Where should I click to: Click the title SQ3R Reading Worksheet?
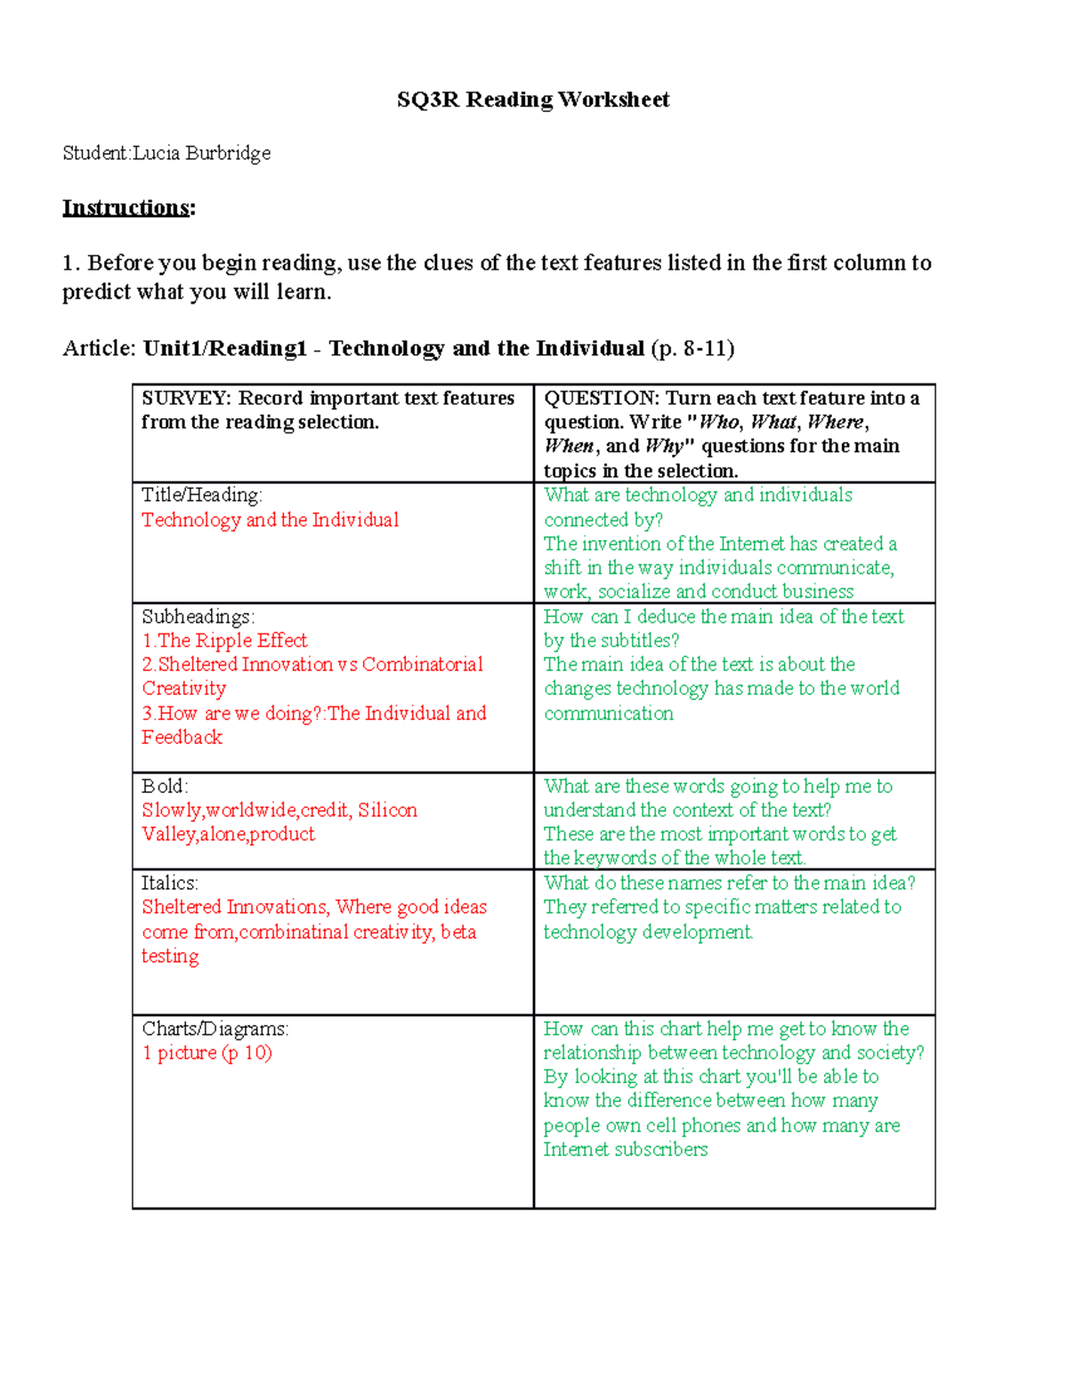[x=532, y=100]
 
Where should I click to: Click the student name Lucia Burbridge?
[x=201, y=153]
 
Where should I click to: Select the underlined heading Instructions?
[x=125, y=208]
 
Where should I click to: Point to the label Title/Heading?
[x=201, y=495]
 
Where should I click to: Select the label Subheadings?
[x=198, y=616]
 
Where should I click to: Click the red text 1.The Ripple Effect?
[x=224, y=641]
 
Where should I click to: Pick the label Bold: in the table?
[x=164, y=786]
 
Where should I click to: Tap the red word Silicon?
[x=387, y=810]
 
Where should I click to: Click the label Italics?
[x=169, y=883]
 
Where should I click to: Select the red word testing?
[x=170, y=956]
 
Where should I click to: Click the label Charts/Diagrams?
[x=214, y=1029]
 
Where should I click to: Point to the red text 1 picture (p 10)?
[x=206, y=1053]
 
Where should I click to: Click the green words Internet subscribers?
[x=626, y=1150]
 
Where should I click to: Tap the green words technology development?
[x=648, y=932]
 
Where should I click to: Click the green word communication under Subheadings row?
[x=609, y=714]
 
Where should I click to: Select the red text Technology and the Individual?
[x=270, y=520]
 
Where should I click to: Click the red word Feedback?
[x=182, y=738]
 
